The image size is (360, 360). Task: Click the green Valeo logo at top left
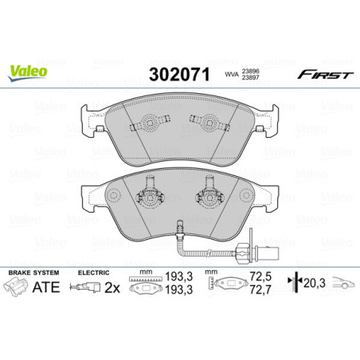pos(28,69)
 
